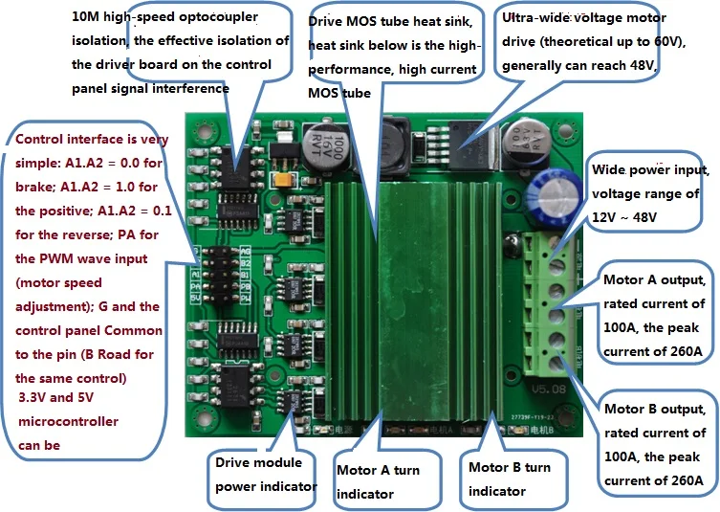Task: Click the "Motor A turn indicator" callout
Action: point(378,481)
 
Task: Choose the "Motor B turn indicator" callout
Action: point(509,479)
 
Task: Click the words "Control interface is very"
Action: point(92,139)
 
